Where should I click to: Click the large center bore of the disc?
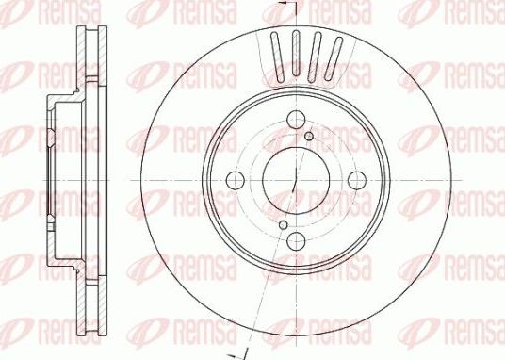pyautogui.click(x=295, y=180)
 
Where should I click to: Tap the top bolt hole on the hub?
pyautogui.click(x=295, y=119)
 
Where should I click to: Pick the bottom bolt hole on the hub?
pyautogui.click(x=295, y=242)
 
